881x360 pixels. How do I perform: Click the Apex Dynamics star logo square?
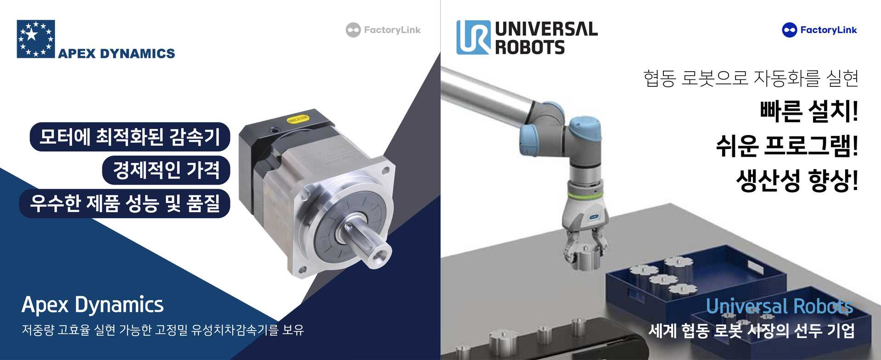click(x=36, y=39)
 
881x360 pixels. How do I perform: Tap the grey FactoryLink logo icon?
click(x=353, y=30)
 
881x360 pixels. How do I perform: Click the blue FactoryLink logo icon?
click(x=789, y=30)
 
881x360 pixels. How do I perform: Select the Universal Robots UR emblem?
click(x=473, y=37)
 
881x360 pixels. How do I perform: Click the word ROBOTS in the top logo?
click(x=530, y=47)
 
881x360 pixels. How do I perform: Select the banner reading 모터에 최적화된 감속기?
click(x=130, y=137)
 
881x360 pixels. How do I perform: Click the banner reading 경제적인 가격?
click(x=166, y=170)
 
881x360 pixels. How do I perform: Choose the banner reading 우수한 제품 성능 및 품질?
click(x=124, y=203)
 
